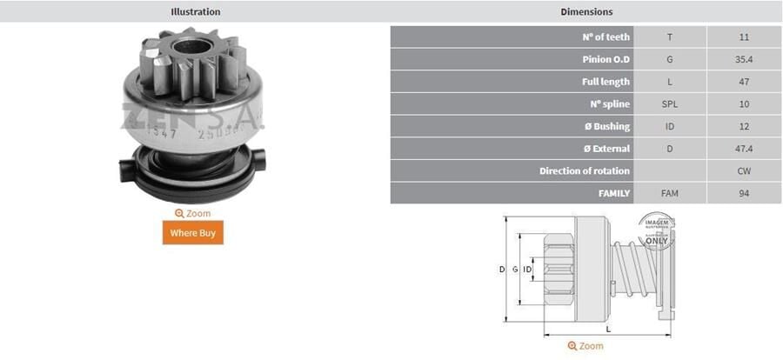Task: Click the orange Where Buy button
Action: tap(192, 233)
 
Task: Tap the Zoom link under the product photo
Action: tap(192, 213)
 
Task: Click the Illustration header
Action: tap(195, 11)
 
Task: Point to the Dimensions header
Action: tap(586, 11)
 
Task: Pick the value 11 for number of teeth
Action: tap(743, 37)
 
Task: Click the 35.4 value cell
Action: tap(743, 60)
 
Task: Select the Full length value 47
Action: tap(743, 82)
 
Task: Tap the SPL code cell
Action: tap(669, 104)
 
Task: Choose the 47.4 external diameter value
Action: tap(743, 149)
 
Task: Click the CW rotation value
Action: tap(743, 170)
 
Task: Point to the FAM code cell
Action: tap(669, 193)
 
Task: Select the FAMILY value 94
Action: tap(743, 193)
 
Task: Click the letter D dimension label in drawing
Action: tap(501, 270)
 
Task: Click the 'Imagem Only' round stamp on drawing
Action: tap(657, 230)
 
